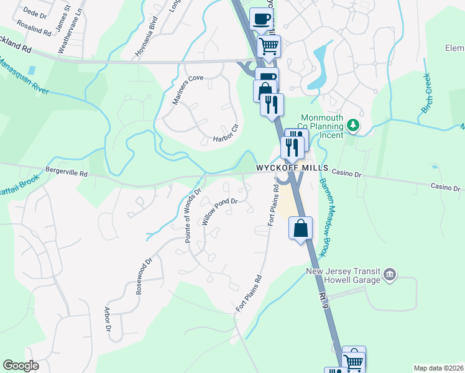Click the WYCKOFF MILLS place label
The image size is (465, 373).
click(x=291, y=168)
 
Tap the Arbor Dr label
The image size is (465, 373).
click(x=108, y=318)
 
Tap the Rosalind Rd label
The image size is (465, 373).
click(x=34, y=29)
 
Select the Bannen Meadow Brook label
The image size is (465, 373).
click(x=323, y=217)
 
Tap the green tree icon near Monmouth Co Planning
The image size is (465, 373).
click(x=354, y=125)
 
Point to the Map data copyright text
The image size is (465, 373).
click(x=438, y=368)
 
